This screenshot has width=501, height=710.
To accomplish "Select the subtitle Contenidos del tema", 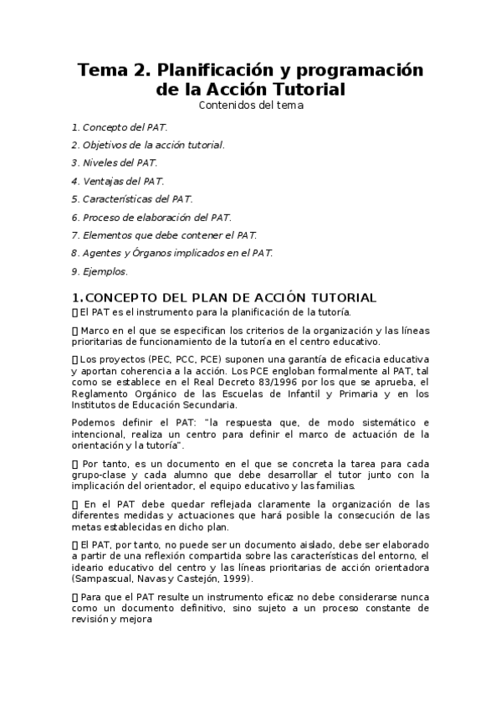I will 250,105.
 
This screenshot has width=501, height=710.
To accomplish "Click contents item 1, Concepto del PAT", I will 120,127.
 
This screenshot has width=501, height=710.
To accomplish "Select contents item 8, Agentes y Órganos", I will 172,253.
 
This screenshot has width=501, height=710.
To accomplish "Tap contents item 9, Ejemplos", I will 100,271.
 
